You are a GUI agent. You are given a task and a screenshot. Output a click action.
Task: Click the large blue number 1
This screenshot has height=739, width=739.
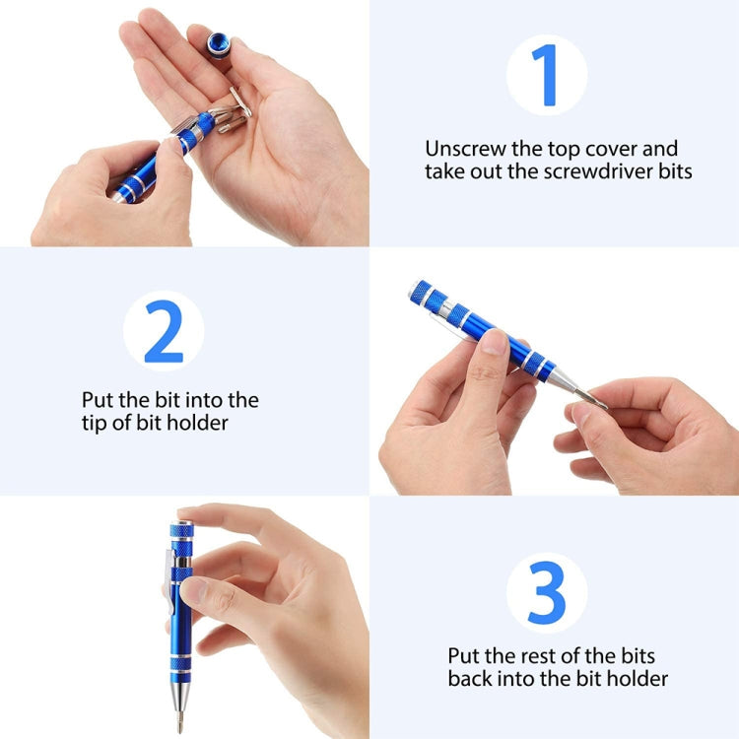(545, 75)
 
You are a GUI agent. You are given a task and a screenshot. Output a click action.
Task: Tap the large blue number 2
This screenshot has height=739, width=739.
(164, 331)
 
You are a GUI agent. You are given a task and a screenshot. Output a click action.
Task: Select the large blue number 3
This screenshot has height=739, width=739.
(547, 591)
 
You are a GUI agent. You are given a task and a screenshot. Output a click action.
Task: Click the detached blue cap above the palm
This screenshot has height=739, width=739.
(219, 44)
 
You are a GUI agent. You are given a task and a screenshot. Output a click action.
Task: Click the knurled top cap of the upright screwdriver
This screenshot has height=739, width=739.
(181, 531)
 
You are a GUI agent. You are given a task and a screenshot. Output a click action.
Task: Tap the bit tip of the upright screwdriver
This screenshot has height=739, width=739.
(179, 717)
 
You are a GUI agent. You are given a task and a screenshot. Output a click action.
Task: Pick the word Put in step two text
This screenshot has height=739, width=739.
(99, 400)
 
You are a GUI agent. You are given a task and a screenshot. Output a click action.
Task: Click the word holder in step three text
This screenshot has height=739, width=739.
(641, 679)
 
